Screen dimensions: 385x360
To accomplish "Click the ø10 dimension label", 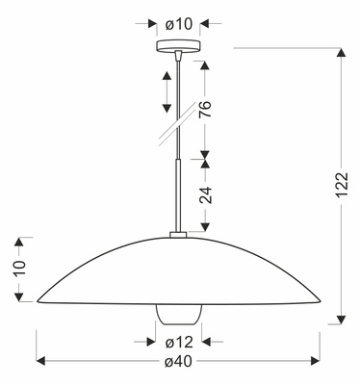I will [x=181, y=22].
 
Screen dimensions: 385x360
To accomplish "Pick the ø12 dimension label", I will [x=179, y=340].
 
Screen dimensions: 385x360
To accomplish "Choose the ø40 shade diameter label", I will [x=179, y=362].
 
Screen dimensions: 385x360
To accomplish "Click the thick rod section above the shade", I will [x=180, y=197].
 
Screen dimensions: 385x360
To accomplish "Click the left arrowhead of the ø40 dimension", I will [x=41, y=362].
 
